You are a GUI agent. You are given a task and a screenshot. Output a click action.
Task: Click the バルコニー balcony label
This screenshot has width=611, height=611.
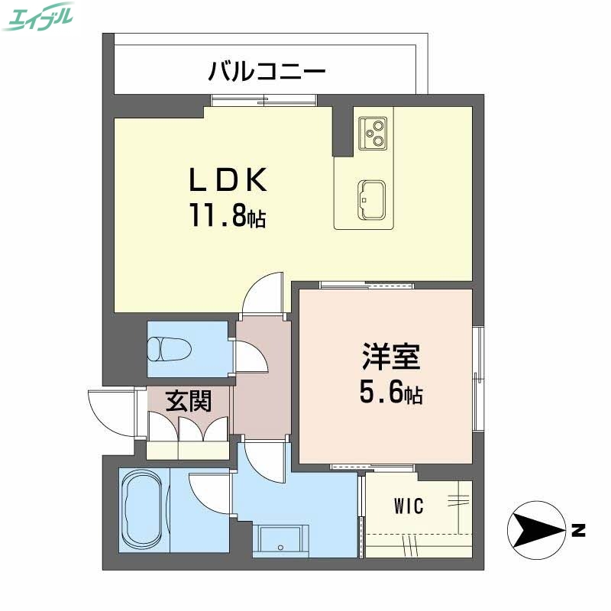point(268,73)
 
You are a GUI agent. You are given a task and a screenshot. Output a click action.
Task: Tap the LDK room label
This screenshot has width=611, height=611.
point(228,181)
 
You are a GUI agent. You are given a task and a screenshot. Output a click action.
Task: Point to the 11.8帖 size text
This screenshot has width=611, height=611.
point(228,218)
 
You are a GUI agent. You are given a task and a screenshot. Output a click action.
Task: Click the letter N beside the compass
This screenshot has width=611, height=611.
point(578,529)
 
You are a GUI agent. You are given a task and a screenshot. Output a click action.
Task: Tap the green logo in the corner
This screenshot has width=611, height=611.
point(39,16)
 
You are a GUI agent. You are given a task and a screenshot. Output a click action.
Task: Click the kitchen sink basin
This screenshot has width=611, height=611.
point(371,199)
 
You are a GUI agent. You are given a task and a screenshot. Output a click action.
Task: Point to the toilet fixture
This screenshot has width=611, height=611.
point(169,349)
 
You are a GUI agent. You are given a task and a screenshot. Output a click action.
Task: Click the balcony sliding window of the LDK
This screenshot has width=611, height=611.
point(263,99)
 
